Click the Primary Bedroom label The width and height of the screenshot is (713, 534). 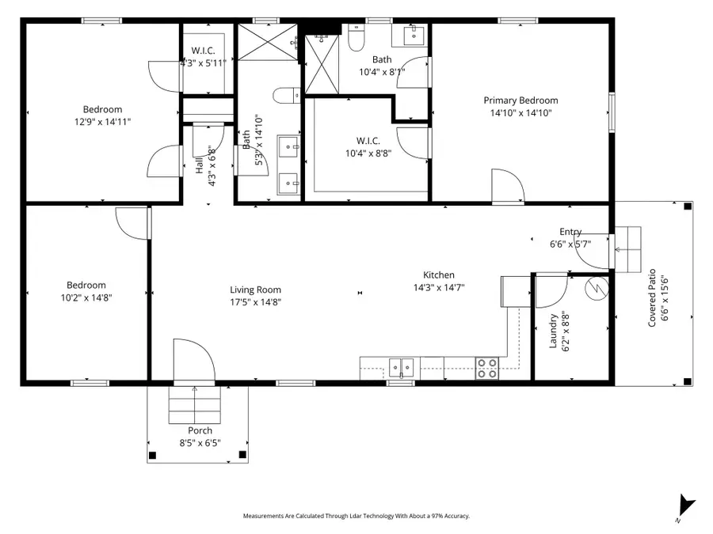coord(520,100)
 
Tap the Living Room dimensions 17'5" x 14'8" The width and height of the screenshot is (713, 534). coord(255,301)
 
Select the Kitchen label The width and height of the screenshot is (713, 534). coord(438,275)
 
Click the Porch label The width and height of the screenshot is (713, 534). coord(200,431)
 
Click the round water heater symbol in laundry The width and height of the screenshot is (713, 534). coord(594,289)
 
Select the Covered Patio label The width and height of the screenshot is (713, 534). coord(653,300)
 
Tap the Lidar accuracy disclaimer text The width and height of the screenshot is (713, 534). coord(356,516)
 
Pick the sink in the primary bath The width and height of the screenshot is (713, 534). coord(414,35)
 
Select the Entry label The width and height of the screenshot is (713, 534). coord(570,232)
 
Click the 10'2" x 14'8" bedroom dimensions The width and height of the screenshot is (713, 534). coord(86,297)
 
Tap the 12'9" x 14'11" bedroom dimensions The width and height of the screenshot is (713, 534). coord(102,122)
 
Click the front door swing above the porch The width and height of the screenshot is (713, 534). coord(193,362)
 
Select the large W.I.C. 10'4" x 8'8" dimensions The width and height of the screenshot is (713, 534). coord(367,153)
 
